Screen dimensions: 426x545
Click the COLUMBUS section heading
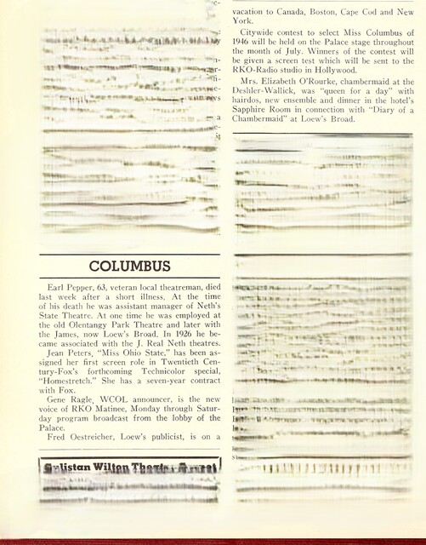pos(130,266)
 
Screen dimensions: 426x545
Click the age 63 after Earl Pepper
pos(105,292)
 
